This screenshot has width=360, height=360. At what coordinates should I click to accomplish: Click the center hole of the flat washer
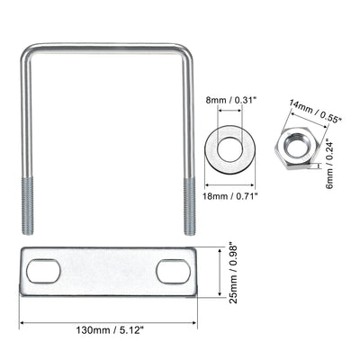click(x=237, y=146)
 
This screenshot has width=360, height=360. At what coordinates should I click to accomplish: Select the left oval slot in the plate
click(x=43, y=269)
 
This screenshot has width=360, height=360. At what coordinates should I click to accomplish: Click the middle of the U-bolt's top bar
click(x=108, y=47)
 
